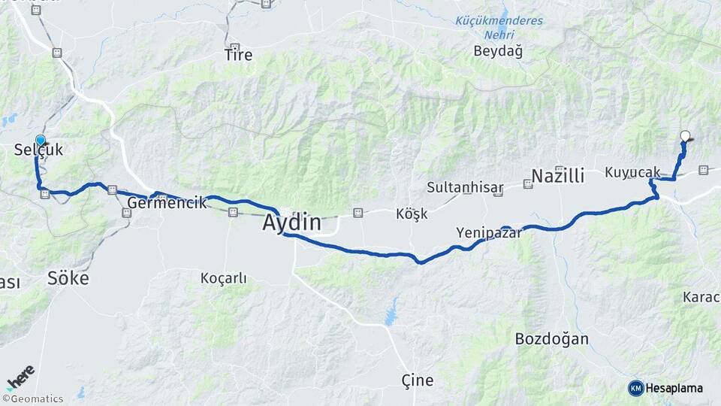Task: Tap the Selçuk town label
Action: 38,150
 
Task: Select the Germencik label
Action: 167,202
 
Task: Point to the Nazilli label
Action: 557,177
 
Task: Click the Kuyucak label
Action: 632,173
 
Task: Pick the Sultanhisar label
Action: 464,187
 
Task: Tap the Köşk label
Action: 412,214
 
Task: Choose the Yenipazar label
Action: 488,234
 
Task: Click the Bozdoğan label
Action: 551,338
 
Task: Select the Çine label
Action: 418,380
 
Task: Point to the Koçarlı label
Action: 224,278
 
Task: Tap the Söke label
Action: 68,278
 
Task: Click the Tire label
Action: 239,55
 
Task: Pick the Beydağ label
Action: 498,51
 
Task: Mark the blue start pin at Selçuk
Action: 41,140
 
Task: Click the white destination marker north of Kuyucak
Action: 685,136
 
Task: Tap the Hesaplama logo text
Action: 674,388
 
